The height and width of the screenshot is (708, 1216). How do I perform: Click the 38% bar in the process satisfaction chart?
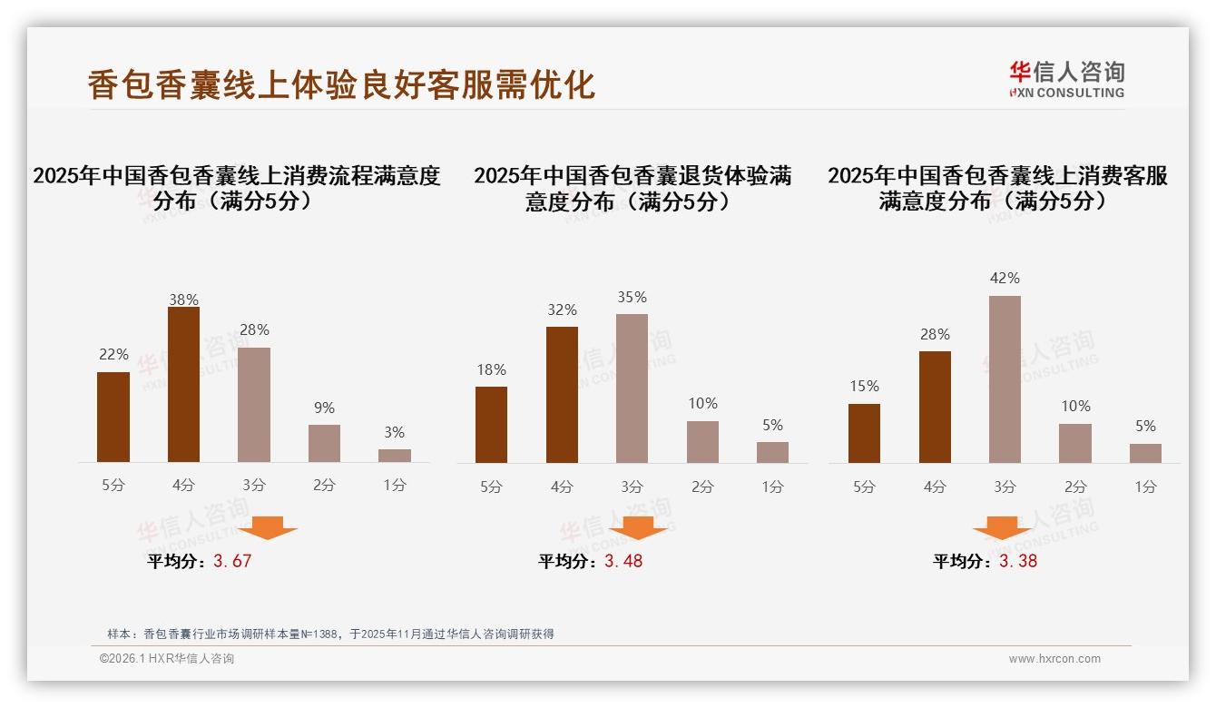[183, 385]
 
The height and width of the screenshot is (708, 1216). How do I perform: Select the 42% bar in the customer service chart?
[1005, 379]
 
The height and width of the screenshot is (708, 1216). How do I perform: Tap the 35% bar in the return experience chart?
[632, 388]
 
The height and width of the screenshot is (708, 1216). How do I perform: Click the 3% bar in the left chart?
[395, 456]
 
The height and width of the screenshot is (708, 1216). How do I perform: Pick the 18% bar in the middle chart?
[491, 425]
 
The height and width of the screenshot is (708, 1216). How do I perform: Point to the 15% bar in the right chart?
[864, 433]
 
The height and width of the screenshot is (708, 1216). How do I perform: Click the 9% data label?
[324, 408]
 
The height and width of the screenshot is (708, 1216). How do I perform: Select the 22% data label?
[113, 355]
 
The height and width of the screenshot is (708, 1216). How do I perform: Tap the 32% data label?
[562, 310]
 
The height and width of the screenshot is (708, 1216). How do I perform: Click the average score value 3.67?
[232, 561]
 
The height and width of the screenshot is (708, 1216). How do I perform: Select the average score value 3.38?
[1018, 561]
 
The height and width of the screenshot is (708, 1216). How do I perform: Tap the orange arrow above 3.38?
[1002, 527]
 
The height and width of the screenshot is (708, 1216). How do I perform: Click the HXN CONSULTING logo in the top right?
[1066, 80]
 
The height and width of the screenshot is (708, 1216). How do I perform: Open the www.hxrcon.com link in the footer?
[1054, 659]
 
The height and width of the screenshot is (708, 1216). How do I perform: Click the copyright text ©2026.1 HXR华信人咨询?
[167, 659]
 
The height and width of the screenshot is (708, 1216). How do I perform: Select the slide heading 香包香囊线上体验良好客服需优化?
[341, 84]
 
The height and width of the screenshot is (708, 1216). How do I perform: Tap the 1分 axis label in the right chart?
[1145, 487]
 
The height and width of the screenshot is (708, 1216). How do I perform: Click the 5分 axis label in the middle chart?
[491, 487]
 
